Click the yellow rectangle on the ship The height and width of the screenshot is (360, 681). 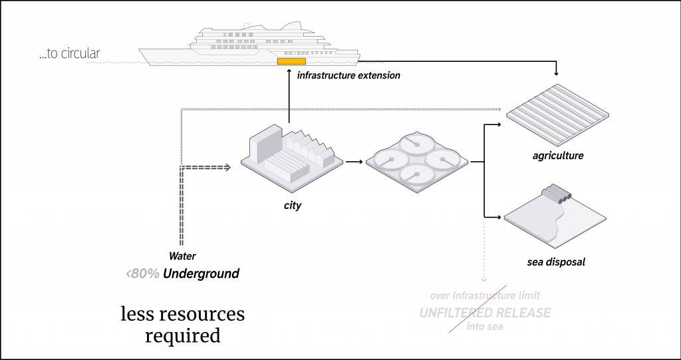pyautogui.click(x=287, y=62)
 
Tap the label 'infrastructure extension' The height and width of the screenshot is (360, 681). pyautogui.click(x=348, y=75)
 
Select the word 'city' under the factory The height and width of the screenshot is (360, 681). pyautogui.click(x=293, y=205)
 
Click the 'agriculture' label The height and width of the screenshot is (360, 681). pyautogui.click(x=558, y=156)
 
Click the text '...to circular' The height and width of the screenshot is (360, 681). pyautogui.click(x=69, y=54)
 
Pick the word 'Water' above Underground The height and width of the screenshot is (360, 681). pyautogui.click(x=182, y=256)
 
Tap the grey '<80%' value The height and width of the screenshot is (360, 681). pyautogui.click(x=142, y=273)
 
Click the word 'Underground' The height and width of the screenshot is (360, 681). pyautogui.click(x=201, y=273)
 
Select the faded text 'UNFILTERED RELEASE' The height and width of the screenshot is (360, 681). pyautogui.click(x=485, y=312)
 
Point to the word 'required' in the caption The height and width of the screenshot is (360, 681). pyautogui.click(x=183, y=335)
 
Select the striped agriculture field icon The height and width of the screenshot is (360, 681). pyautogui.click(x=557, y=114)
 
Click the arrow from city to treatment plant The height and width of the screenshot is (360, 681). pyautogui.click(x=354, y=162)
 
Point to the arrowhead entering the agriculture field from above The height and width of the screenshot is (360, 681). pyautogui.click(x=557, y=72)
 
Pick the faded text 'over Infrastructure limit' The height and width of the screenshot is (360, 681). pyautogui.click(x=485, y=295)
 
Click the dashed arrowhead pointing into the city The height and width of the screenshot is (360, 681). pyautogui.click(x=227, y=167)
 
